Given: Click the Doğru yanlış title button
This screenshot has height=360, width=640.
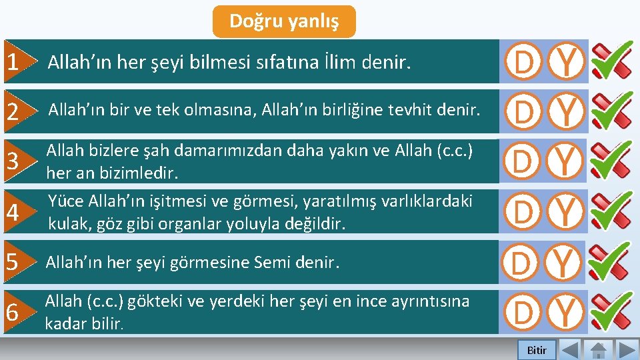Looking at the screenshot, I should click(284, 21).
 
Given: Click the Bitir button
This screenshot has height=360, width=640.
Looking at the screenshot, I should click(537, 350).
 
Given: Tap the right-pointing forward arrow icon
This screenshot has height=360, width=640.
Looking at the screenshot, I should click(627, 350).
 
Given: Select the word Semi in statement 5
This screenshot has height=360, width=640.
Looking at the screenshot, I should click(272, 263).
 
